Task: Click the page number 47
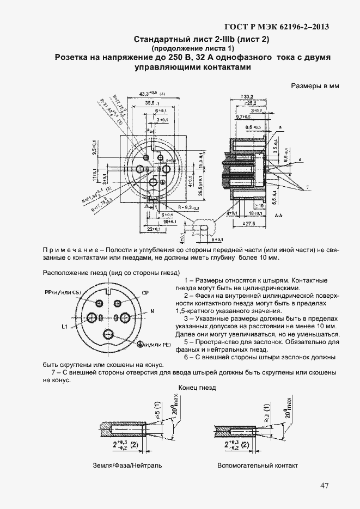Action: click(324, 486)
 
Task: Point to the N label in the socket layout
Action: click(152, 311)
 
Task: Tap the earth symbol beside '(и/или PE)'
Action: click(140, 344)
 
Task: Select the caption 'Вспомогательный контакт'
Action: click(258, 466)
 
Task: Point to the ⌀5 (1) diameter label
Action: click(157, 408)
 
